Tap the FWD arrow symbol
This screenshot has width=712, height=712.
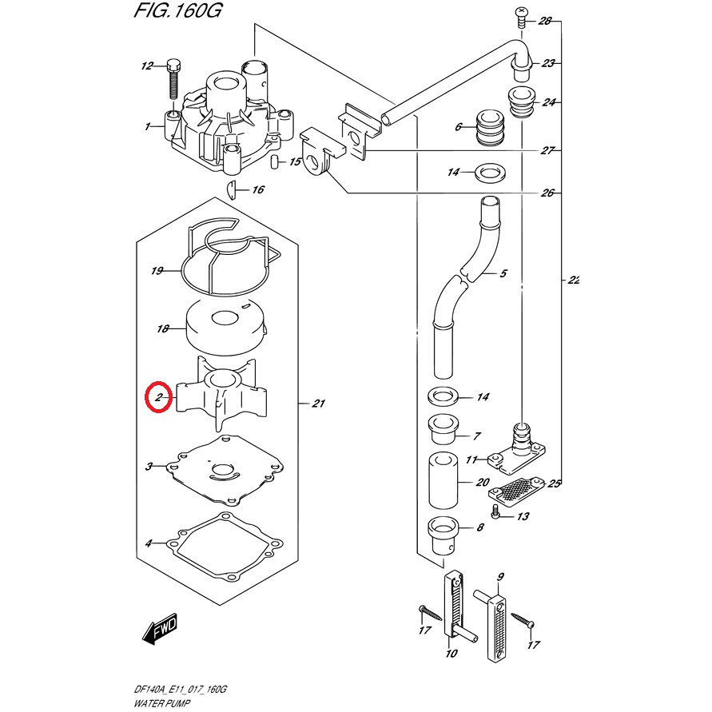click(161, 630)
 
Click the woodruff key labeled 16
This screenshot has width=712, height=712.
click(230, 189)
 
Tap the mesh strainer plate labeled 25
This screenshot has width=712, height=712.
click(518, 488)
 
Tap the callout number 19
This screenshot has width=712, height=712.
click(157, 271)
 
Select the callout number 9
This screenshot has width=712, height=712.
click(500, 577)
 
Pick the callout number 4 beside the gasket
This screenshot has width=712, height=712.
click(149, 544)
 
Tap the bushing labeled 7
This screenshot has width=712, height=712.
click(441, 430)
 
